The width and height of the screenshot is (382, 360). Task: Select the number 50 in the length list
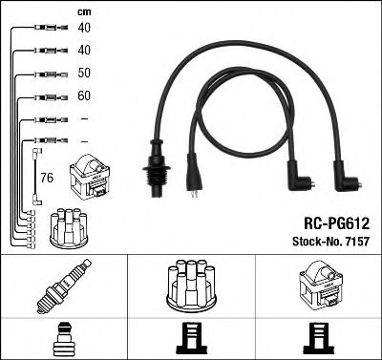84,74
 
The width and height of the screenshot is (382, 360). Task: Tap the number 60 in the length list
84,96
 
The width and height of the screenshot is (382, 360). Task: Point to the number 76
47,177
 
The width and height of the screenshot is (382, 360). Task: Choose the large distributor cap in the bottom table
191,287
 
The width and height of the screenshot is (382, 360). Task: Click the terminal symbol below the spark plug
63,337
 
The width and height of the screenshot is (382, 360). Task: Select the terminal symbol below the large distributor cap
191,337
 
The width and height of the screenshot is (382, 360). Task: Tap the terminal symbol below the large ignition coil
318,337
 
